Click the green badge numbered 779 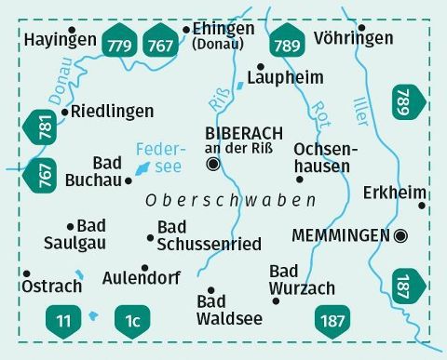[120, 41]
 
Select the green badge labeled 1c [131, 321]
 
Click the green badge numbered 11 [62, 321]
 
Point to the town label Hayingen [61, 40]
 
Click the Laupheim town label [286, 78]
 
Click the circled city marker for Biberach [213, 165]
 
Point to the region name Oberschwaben [230, 201]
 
